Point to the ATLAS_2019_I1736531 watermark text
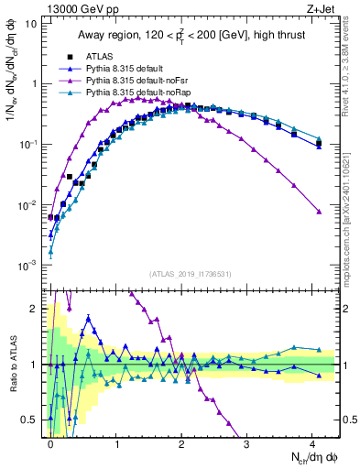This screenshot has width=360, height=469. [x=191, y=275]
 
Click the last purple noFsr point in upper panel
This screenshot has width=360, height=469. [x=319, y=212]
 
